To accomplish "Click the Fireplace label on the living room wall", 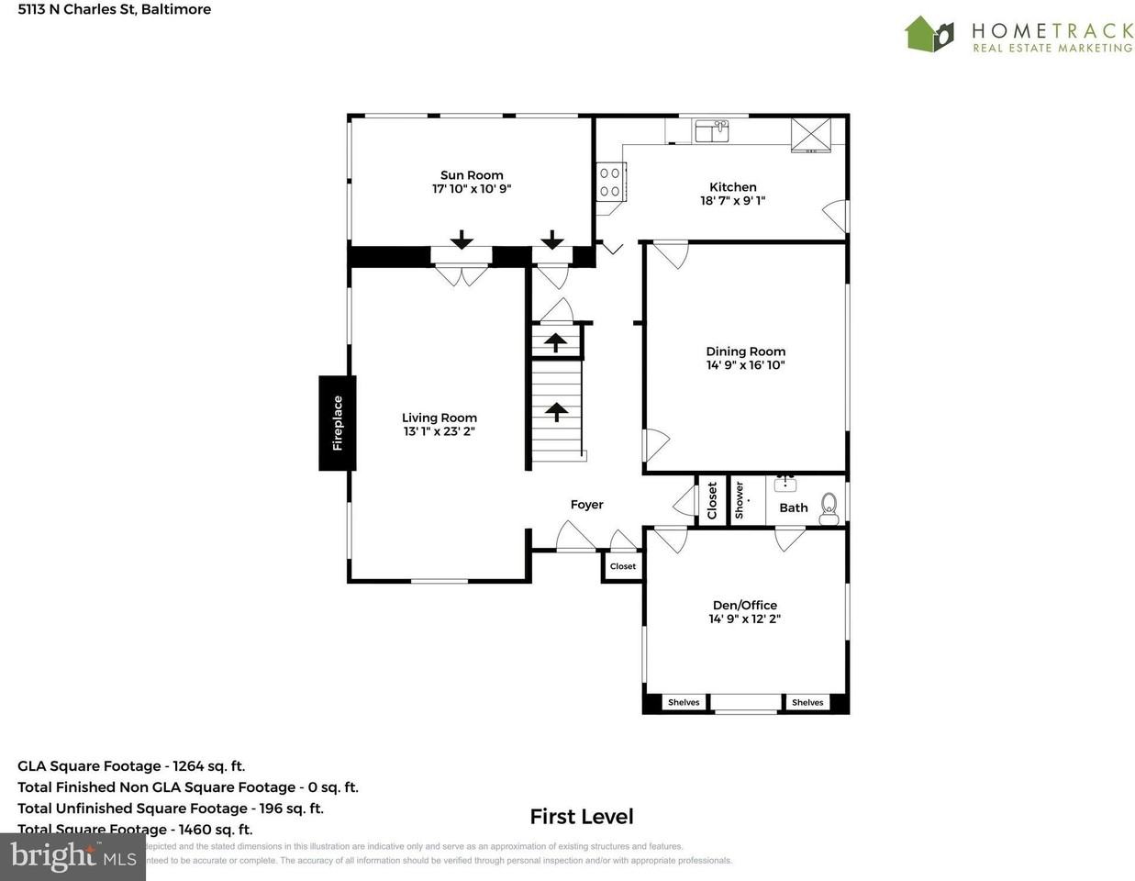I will pyautogui.click(x=338, y=423).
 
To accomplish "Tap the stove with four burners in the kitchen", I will pyautogui.click(x=609, y=181).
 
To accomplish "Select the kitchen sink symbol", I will pyautogui.click(x=711, y=131).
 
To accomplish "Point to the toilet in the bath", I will pyautogui.click(x=829, y=507).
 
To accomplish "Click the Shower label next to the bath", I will pyautogui.click(x=740, y=500).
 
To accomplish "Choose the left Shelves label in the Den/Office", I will pyautogui.click(x=684, y=702).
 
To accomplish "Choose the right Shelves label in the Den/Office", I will pyautogui.click(x=807, y=702).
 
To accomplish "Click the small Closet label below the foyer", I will pyautogui.click(x=623, y=566).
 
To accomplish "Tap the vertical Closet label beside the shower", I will pyautogui.click(x=712, y=501).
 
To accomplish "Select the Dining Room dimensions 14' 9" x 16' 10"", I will pyautogui.click(x=745, y=365).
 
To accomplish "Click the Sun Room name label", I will pyautogui.click(x=472, y=175).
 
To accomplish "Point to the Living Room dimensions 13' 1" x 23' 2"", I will pyautogui.click(x=439, y=431).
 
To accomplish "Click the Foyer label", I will pyautogui.click(x=587, y=505).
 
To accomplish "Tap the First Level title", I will pyautogui.click(x=582, y=817).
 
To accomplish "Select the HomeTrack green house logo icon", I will pyautogui.click(x=929, y=34).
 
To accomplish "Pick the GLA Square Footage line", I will pyautogui.click(x=131, y=766).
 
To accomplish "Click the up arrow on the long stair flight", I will pyautogui.click(x=557, y=411).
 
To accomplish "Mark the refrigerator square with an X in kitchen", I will pyautogui.click(x=810, y=133).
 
